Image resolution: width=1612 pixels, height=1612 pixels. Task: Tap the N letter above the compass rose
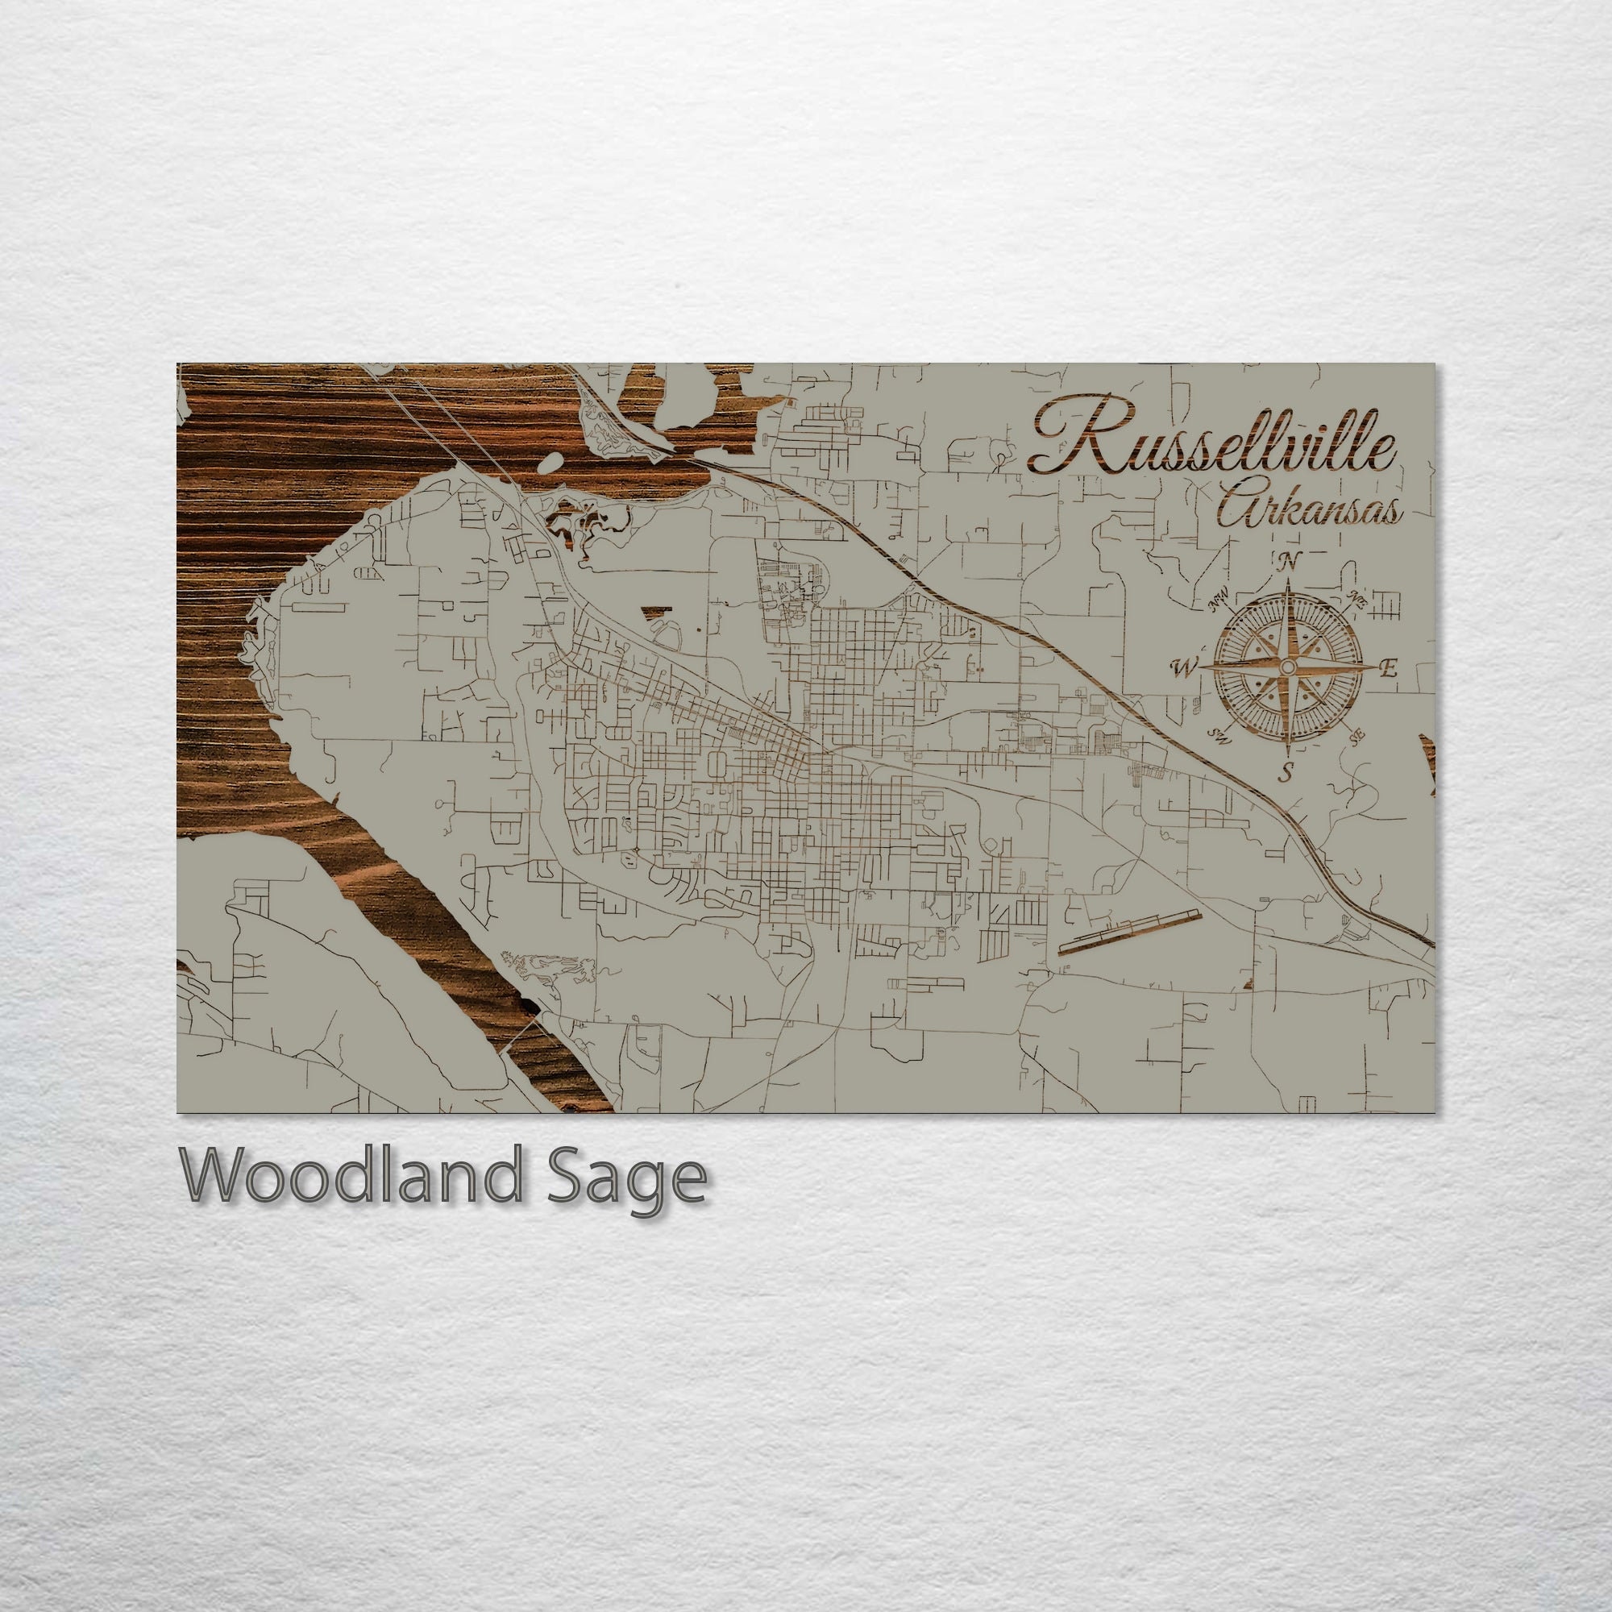[x=1287, y=562]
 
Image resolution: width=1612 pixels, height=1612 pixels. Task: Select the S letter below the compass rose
[x=1286, y=772]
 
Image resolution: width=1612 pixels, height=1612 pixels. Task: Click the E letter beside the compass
[x=1389, y=667]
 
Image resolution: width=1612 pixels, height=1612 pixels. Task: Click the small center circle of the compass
[x=1287, y=667]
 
